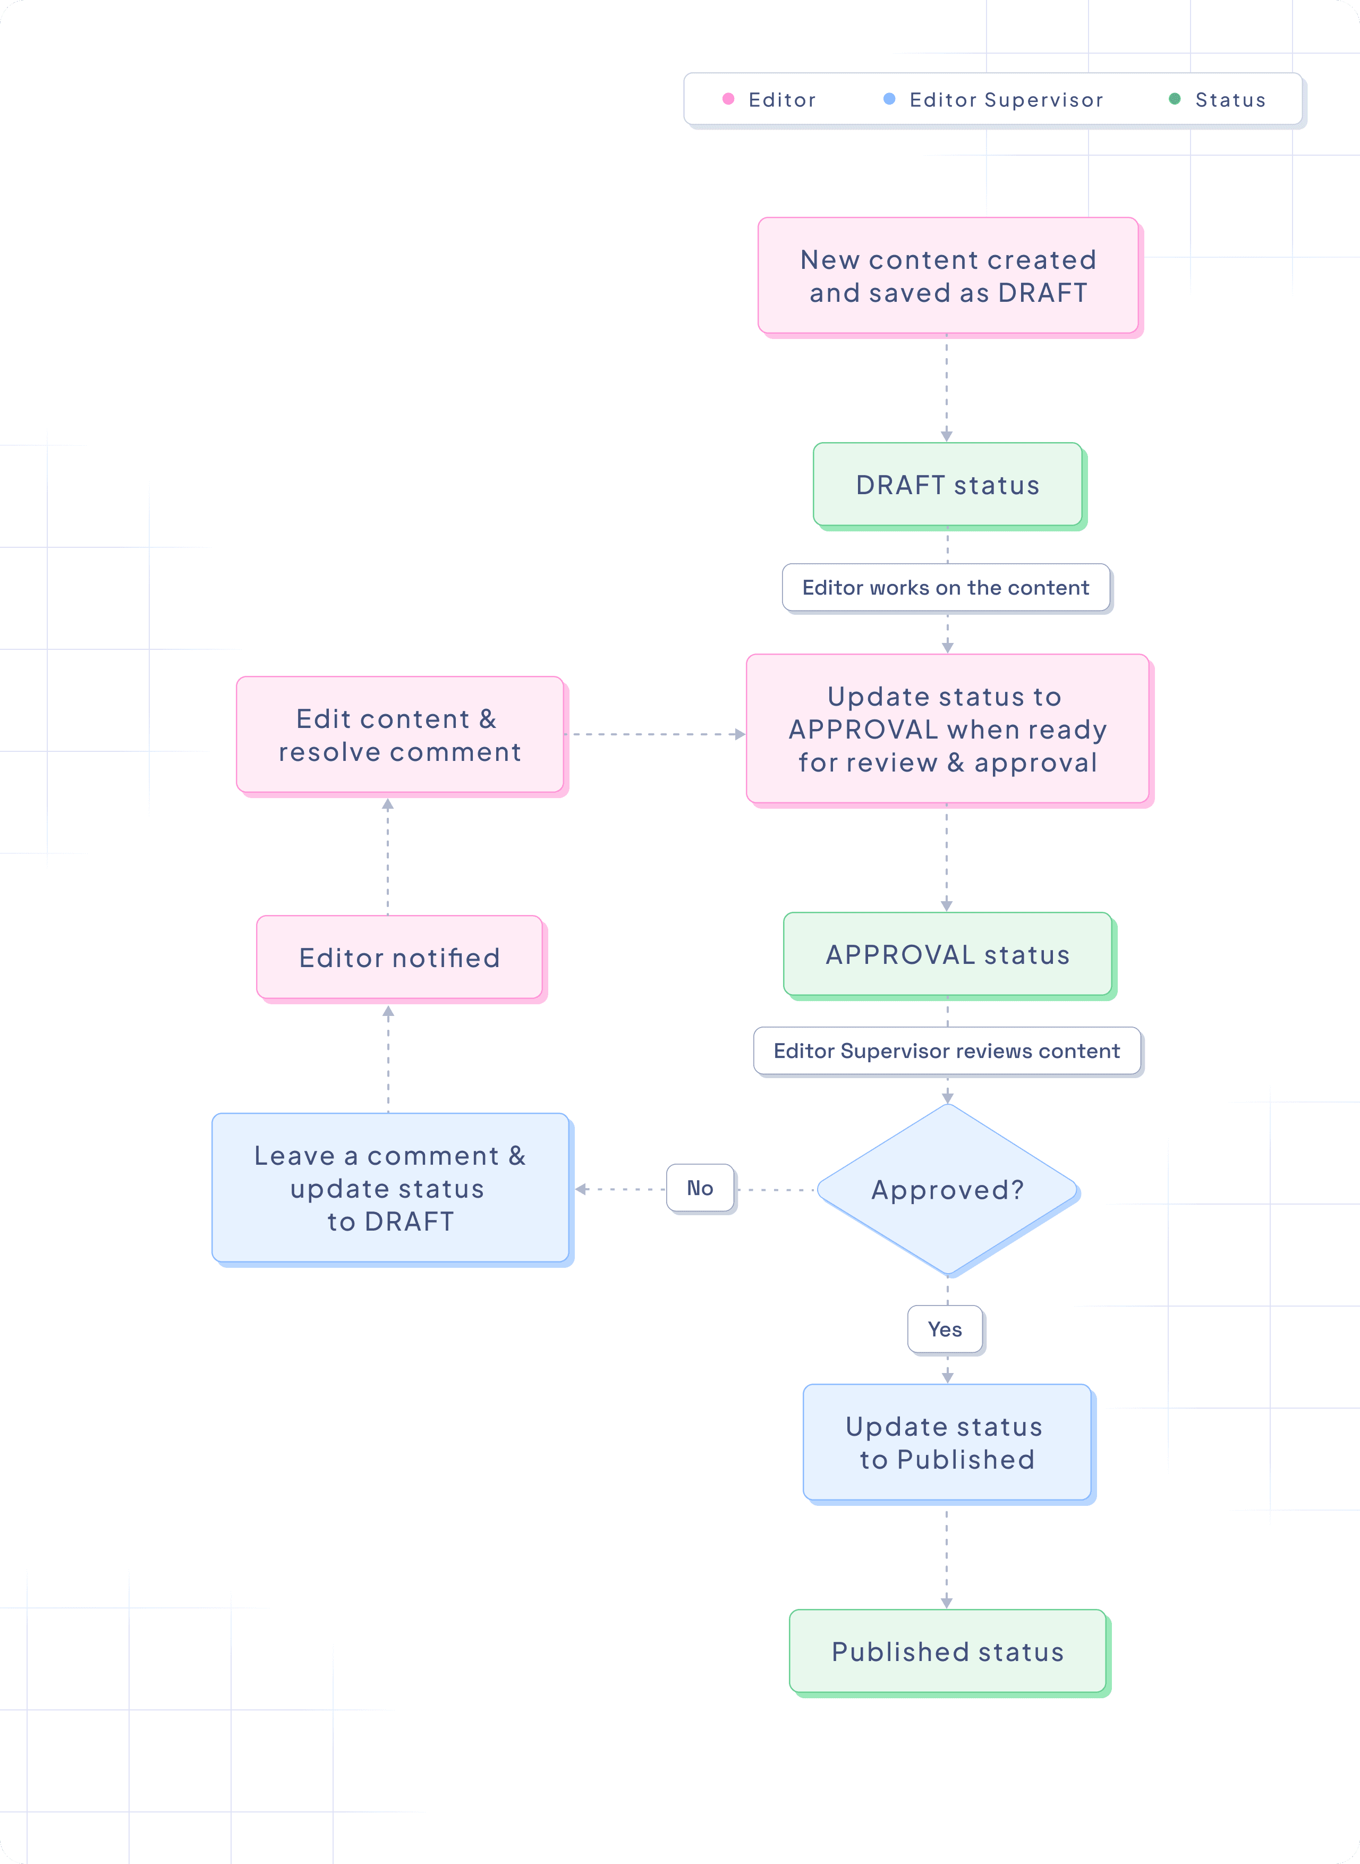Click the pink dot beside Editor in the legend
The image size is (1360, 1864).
728,99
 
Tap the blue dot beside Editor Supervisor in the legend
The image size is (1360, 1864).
889,99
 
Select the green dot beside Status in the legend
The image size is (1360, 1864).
1175,99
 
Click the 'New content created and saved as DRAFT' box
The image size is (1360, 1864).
948,276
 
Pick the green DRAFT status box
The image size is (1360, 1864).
948,485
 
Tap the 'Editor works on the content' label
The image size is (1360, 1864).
946,588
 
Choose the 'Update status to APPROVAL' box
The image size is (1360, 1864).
948,730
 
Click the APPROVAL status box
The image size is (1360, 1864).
948,954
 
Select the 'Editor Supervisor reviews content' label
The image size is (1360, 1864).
947,1052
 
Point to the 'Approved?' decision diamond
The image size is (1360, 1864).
948,1190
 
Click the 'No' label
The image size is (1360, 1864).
700,1188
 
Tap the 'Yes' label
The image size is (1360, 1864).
945,1329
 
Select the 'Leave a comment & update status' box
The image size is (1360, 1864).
390,1188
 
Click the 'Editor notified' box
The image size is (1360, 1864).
399,958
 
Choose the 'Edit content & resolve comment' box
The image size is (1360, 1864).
399,735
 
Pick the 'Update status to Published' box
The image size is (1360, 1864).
947,1443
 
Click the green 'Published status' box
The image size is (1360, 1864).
948,1651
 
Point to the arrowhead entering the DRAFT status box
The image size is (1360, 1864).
947,436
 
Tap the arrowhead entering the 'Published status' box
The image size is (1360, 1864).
947,1602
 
